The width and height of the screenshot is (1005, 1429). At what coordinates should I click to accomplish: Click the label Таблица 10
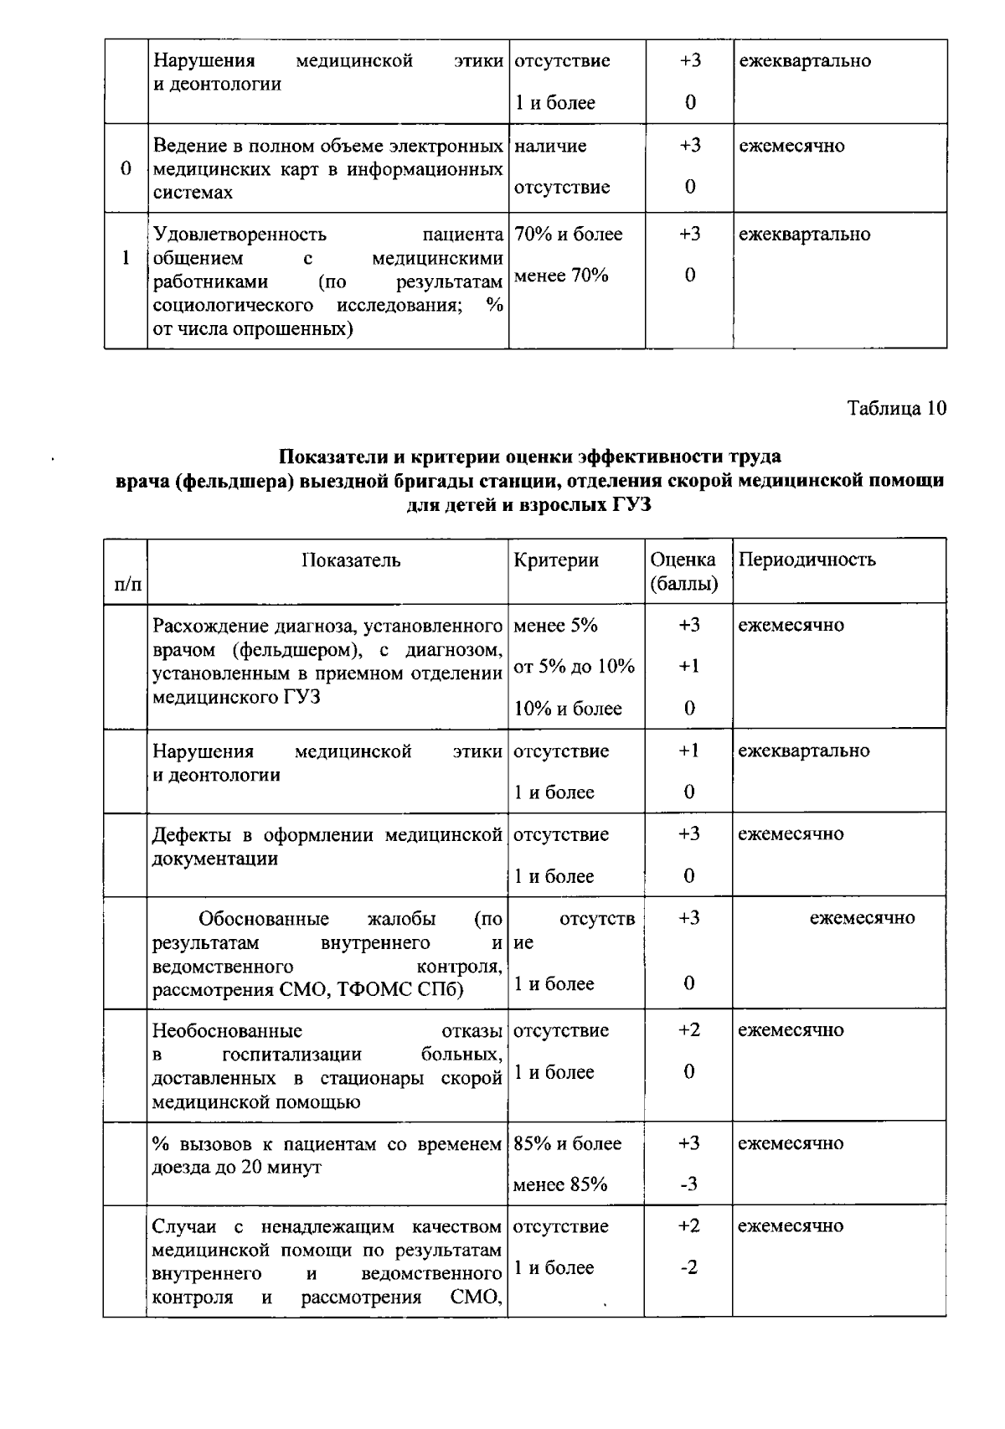(896, 409)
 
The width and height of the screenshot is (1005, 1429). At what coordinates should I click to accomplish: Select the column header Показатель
(351, 560)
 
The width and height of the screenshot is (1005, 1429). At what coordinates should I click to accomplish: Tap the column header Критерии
(556, 560)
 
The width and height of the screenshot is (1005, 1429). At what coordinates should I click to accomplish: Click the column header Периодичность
(807, 560)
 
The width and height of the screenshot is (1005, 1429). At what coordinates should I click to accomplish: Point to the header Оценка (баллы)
(683, 571)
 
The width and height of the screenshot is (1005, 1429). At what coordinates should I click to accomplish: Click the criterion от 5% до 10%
(574, 667)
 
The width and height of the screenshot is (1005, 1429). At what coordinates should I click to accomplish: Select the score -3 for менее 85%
(688, 1184)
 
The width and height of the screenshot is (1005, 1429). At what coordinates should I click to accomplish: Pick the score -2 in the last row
(688, 1267)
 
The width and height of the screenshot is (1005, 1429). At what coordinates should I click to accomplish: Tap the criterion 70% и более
(568, 235)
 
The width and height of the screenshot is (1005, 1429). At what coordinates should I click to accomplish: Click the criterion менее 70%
(560, 276)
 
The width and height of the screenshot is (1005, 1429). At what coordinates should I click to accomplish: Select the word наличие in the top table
(549, 146)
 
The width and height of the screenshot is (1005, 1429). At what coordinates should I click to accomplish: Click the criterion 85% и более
(567, 1143)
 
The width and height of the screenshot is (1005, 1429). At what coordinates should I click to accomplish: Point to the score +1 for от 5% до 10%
(688, 667)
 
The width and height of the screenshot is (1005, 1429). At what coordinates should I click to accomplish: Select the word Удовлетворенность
(240, 235)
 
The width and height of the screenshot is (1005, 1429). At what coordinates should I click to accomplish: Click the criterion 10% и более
(568, 709)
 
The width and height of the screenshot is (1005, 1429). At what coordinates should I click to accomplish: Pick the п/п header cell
(126, 583)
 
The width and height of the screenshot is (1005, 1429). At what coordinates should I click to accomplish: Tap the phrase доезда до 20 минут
(236, 1167)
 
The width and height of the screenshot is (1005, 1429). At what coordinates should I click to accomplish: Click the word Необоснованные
(227, 1030)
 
